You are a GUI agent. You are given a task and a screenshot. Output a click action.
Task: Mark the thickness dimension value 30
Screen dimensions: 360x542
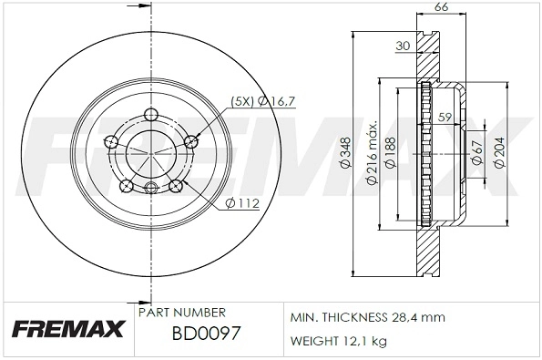[403, 46]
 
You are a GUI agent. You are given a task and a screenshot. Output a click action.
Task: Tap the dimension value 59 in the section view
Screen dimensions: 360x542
[445, 116]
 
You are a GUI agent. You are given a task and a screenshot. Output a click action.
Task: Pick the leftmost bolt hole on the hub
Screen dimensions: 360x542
[111, 141]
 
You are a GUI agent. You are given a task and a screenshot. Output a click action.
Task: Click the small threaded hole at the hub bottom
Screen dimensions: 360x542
[150, 189]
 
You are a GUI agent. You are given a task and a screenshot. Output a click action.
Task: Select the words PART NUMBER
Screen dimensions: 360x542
[175, 311]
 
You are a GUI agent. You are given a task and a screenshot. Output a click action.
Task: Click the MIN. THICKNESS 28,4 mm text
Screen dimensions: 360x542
[366, 318]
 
